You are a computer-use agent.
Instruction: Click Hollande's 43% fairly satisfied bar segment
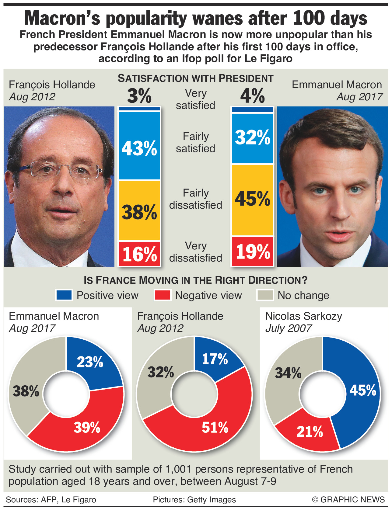pos(139,146)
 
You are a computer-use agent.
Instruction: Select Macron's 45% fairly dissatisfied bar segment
pos(252,199)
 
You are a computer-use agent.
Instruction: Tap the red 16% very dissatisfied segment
pos(139,254)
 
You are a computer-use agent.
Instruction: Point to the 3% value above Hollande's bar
pos(139,96)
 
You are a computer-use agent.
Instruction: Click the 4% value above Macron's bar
pos(252,96)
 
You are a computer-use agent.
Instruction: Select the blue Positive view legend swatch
pos(64,295)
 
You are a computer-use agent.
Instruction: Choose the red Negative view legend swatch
pos(163,295)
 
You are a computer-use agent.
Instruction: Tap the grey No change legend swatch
pos(265,295)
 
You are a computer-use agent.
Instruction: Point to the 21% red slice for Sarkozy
pos(309,432)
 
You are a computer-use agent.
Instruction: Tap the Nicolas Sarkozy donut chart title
pos(303,316)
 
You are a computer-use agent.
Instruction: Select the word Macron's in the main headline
pos(62,18)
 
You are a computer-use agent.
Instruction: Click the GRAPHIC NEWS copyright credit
pos(348,500)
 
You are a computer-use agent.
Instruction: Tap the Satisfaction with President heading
pos(196,78)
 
